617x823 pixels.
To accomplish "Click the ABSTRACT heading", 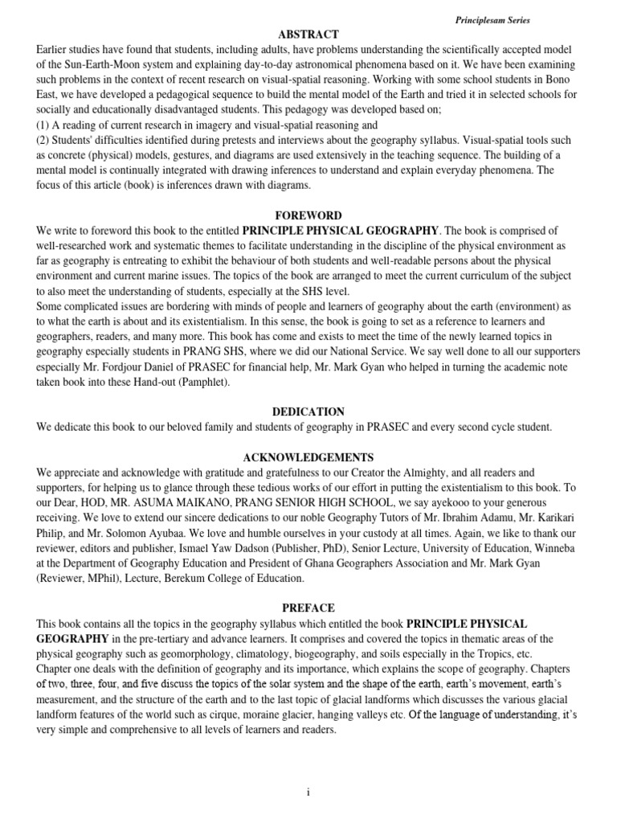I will pos(308,34).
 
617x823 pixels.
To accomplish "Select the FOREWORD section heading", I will pos(308,215).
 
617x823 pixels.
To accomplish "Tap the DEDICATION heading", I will pos(308,411).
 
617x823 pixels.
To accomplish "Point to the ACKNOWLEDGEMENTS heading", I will pos(308,457).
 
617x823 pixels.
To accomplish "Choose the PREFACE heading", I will pos(308,608).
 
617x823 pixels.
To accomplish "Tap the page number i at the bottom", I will pos(308,792).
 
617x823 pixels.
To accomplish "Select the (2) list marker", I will pos(43,141).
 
